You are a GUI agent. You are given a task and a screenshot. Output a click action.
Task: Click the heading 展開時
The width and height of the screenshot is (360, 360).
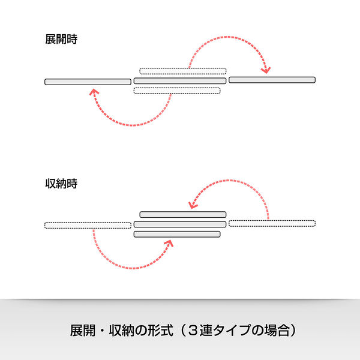click(x=61, y=39)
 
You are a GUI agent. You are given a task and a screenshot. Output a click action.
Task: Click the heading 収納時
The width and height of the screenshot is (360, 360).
click(x=61, y=184)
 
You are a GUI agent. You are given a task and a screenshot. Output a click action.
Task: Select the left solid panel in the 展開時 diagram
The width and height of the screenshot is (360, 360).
click(x=88, y=82)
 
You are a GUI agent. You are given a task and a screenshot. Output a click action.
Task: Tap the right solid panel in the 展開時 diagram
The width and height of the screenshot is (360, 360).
click(x=272, y=80)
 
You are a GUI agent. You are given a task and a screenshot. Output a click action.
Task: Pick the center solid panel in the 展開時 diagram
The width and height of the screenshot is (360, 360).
click(x=180, y=81)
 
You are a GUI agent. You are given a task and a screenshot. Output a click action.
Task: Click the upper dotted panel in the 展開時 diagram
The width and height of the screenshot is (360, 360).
click(x=183, y=71)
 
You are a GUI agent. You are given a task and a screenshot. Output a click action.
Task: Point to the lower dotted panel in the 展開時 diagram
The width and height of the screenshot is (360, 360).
click(x=177, y=91)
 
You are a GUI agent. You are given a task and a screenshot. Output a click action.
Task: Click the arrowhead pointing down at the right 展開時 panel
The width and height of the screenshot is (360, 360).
click(x=266, y=70)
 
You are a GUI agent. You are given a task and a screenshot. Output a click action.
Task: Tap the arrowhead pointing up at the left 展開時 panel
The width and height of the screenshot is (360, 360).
click(x=94, y=92)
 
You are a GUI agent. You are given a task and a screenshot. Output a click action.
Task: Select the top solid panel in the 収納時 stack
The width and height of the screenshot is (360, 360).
click(x=183, y=214)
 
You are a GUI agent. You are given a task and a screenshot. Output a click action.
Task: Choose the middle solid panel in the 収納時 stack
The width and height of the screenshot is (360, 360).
click(x=180, y=224)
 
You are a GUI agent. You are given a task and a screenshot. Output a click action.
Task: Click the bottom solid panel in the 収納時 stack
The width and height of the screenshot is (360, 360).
click(x=177, y=234)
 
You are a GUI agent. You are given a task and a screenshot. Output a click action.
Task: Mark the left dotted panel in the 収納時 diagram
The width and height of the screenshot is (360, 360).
click(x=88, y=225)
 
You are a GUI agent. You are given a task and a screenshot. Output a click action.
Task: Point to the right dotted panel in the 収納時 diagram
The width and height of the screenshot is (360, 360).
click(x=272, y=223)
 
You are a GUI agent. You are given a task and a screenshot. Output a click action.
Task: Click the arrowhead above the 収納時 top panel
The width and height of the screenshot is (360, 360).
click(x=193, y=205)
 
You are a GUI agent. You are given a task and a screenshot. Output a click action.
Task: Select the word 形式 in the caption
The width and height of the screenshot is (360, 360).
click(x=160, y=331)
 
